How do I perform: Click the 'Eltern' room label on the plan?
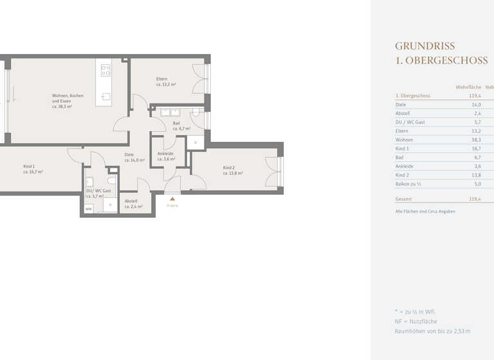tap(161, 79)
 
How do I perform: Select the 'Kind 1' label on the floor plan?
tap(29, 166)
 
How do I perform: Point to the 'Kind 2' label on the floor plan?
tap(228, 168)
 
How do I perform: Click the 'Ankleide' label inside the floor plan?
tap(165, 154)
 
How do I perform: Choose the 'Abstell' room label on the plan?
tap(131, 201)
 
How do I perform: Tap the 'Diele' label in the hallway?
tap(129, 154)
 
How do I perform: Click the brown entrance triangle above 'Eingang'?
tap(172, 199)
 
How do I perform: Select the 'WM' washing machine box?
tap(89, 209)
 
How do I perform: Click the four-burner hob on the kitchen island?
tap(105, 70)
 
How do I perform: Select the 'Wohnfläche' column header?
tap(468, 87)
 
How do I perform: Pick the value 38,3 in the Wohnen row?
tap(475, 139)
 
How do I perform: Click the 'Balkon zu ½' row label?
tap(408, 184)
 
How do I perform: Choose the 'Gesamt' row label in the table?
tap(403, 199)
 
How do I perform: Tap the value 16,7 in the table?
tap(475, 148)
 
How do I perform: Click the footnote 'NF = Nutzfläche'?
tap(416, 321)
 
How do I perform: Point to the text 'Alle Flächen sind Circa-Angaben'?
tap(425, 212)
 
